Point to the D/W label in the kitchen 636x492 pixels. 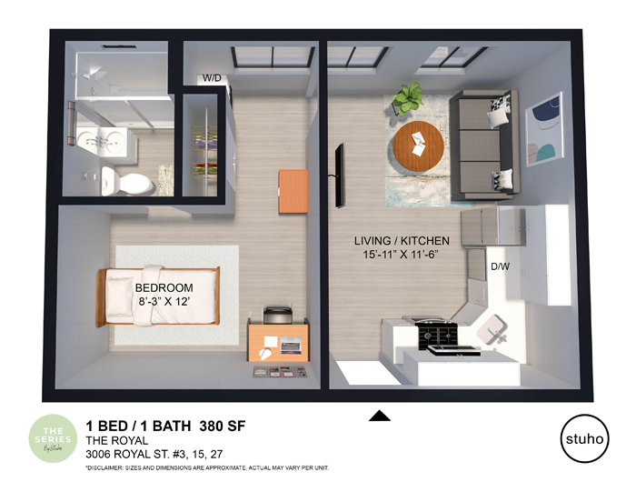500,267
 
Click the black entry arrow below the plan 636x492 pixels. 380,417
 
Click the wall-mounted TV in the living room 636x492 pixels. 339,175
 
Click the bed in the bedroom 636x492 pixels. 162,297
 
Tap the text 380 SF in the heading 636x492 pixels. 222,426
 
